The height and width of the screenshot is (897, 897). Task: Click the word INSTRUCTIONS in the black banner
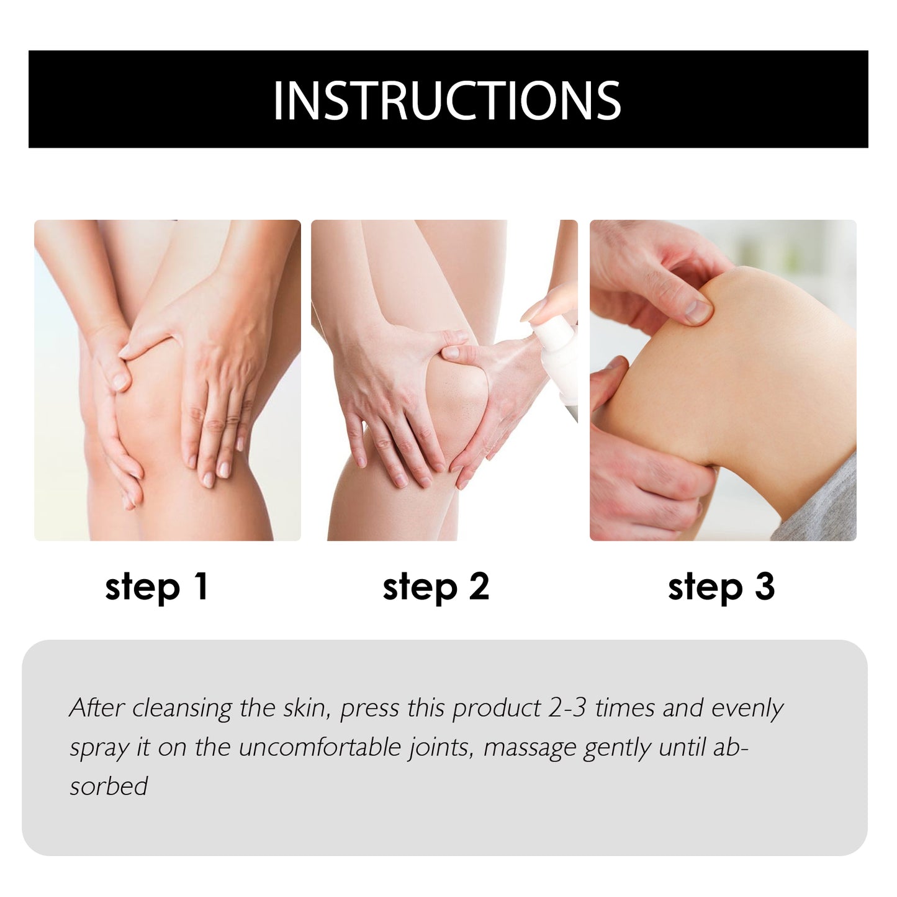[447, 101]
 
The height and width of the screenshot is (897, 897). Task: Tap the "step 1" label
[156, 587]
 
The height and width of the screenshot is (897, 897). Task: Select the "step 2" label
[436, 587]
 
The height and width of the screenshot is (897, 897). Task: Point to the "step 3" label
[721, 587]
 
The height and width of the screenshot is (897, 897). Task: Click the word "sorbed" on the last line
[109, 787]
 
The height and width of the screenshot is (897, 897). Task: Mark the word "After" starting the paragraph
[97, 708]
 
